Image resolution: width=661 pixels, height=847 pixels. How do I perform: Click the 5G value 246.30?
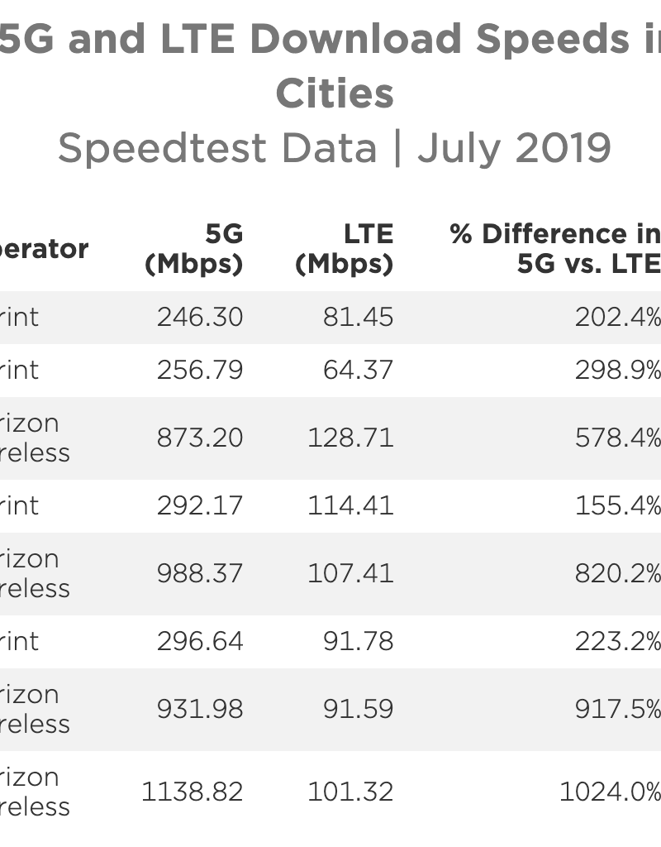coord(200,317)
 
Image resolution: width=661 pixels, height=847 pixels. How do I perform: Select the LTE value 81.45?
coord(358,317)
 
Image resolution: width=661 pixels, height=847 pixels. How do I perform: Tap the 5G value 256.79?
coord(200,370)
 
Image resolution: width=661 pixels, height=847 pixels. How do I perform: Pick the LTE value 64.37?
coord(358,370)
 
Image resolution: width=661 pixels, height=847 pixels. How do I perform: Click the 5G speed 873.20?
coord(200,438)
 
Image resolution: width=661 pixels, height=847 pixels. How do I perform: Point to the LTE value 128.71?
coord(350,438)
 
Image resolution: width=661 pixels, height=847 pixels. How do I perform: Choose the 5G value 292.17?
coord(200,505)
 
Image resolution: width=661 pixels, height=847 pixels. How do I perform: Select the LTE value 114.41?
coord(350,505)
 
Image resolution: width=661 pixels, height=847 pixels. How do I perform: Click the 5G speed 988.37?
coord(200,573)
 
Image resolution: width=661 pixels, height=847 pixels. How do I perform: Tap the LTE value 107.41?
coord(350,573)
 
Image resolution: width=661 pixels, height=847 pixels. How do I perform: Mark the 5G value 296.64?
coord(200,641)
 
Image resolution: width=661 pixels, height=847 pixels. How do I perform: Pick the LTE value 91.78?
coord(358,641)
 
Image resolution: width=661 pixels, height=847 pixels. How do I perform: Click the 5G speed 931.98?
coord(200,709)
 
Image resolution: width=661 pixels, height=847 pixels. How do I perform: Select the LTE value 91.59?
coord(358,709)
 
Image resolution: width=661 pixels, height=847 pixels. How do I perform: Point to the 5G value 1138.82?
coord(192,792)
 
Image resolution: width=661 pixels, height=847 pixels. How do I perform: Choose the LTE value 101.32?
coord(350,792)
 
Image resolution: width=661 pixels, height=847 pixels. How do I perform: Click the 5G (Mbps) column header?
coord(194,249)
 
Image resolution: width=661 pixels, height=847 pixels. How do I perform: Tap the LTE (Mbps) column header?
coord(345,249)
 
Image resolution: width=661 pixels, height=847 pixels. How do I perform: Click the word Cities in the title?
coord(335,93)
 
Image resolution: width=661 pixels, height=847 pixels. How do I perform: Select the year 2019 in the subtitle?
coord(564,148)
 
